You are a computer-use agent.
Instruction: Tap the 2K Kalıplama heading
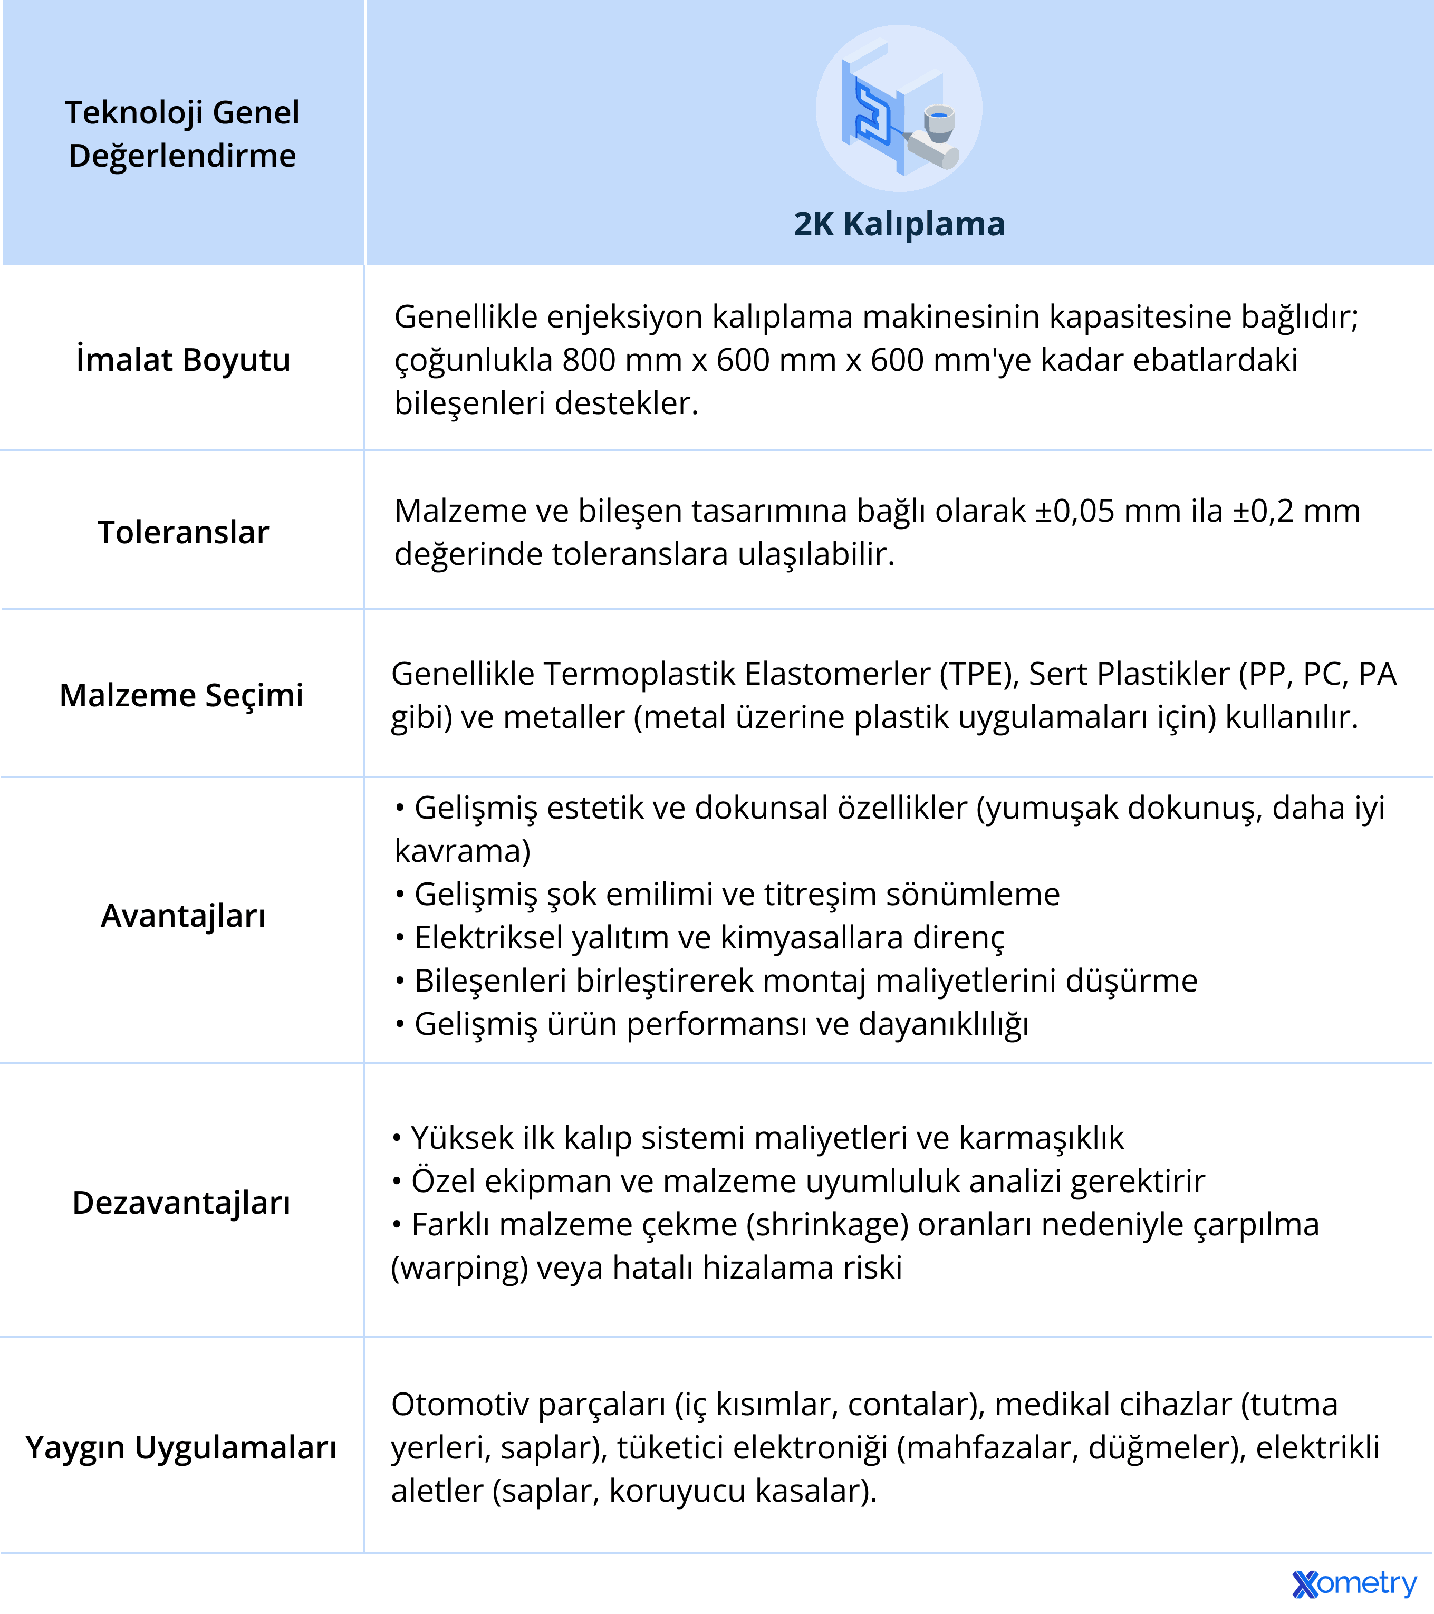click(x=899, y=224)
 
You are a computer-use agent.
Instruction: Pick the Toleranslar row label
click(x=183, y=532)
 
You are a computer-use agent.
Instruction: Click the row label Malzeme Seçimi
click(x=181, y=695)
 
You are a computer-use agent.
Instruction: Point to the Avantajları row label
click(x=183, y=916)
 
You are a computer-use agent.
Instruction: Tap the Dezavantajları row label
click(x=181, y=1203)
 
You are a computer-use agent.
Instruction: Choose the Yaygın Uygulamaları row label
click(x=181, y=1447)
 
